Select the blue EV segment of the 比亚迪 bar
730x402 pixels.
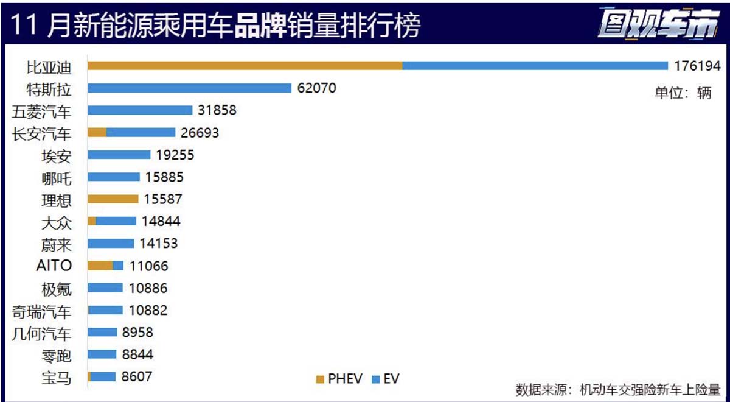(535, 66)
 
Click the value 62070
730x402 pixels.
(316, 88)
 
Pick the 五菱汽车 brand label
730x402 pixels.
(42, 111)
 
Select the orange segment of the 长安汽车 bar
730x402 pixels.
(97, 133)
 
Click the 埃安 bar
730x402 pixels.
(119, 155)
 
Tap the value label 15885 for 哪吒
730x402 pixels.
(164, 177)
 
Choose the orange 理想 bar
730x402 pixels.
(113, 199)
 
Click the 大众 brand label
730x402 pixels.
(57, 222)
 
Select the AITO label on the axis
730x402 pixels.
(54, 266)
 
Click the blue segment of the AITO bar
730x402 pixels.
(118, 266)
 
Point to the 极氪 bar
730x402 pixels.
(105, 287)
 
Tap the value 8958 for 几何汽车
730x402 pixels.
(137, 333)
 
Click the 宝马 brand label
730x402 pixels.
(57, 378)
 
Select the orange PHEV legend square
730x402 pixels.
(320, 379)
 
